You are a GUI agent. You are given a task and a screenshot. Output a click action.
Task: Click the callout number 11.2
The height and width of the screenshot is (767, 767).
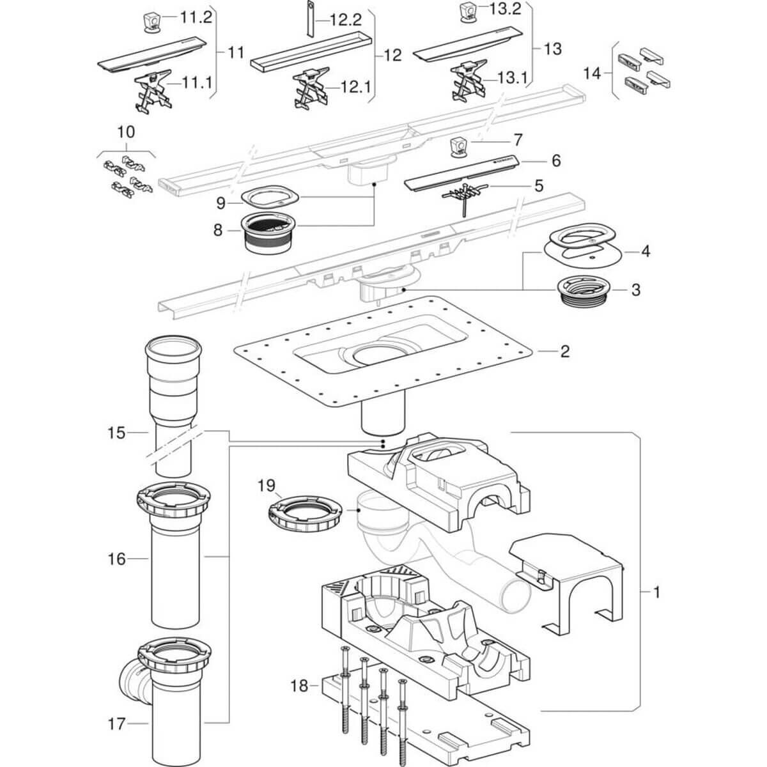coord(196,18)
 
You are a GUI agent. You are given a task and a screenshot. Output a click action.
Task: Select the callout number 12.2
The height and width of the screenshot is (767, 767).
coord(346,20)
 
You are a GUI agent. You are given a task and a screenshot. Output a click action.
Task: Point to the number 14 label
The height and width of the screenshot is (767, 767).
coord(592,74)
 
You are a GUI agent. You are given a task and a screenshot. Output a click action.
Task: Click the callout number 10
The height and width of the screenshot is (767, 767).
coord(127,132)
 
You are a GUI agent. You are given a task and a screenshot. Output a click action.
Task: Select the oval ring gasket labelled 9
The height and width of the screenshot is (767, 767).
coord(270,197)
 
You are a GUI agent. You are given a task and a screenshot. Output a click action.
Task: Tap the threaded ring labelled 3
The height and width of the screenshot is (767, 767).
coord(584,295)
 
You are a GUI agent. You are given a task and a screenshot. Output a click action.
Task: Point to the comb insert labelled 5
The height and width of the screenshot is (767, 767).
coord(465,197)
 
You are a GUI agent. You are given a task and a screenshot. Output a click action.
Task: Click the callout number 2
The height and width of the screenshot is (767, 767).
coord(565,352)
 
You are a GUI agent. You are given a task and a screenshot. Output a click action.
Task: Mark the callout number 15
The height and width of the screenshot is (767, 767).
coord(116,433)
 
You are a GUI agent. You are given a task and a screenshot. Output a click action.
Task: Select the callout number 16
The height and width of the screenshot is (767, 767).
coord(116,559)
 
